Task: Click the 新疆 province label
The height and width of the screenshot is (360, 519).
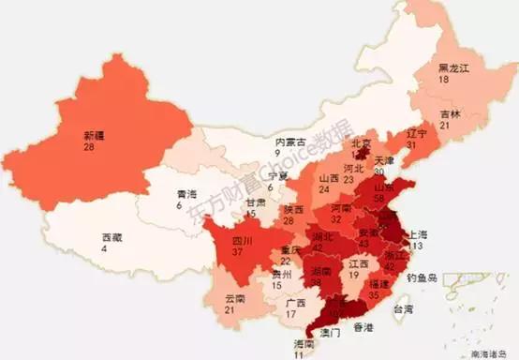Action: pos(94,135)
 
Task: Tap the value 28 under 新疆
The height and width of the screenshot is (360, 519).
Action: pos(90,147)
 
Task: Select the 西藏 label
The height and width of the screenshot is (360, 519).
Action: pos(111,237)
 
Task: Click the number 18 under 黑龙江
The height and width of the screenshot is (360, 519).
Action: pos(445,81)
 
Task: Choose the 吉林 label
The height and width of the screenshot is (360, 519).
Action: pos(451,113)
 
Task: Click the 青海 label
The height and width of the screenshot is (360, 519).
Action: pos(187,194)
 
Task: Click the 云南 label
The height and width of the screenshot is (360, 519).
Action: pos(235,300)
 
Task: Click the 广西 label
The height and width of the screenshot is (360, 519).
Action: pos(295,303)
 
